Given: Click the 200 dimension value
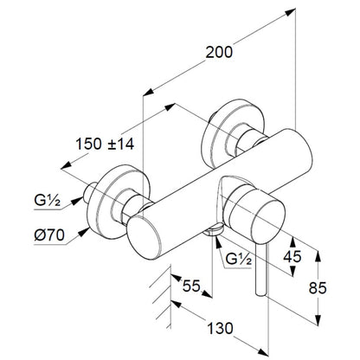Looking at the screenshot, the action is pos(219,52).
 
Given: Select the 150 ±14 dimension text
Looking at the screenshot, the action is pos(105,144).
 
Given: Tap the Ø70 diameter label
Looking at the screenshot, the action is pos(49,235).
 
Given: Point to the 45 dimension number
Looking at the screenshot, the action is pos(292,256).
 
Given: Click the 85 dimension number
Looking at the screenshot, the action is pos(318,287).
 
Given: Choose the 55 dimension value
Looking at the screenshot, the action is pos(191,286).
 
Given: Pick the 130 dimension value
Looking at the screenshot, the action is pos(220,328).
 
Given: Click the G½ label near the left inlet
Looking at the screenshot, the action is pos(47,200).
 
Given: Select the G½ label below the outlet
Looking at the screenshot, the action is pos(239,259).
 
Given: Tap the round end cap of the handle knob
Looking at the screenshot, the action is pos(267,220).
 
